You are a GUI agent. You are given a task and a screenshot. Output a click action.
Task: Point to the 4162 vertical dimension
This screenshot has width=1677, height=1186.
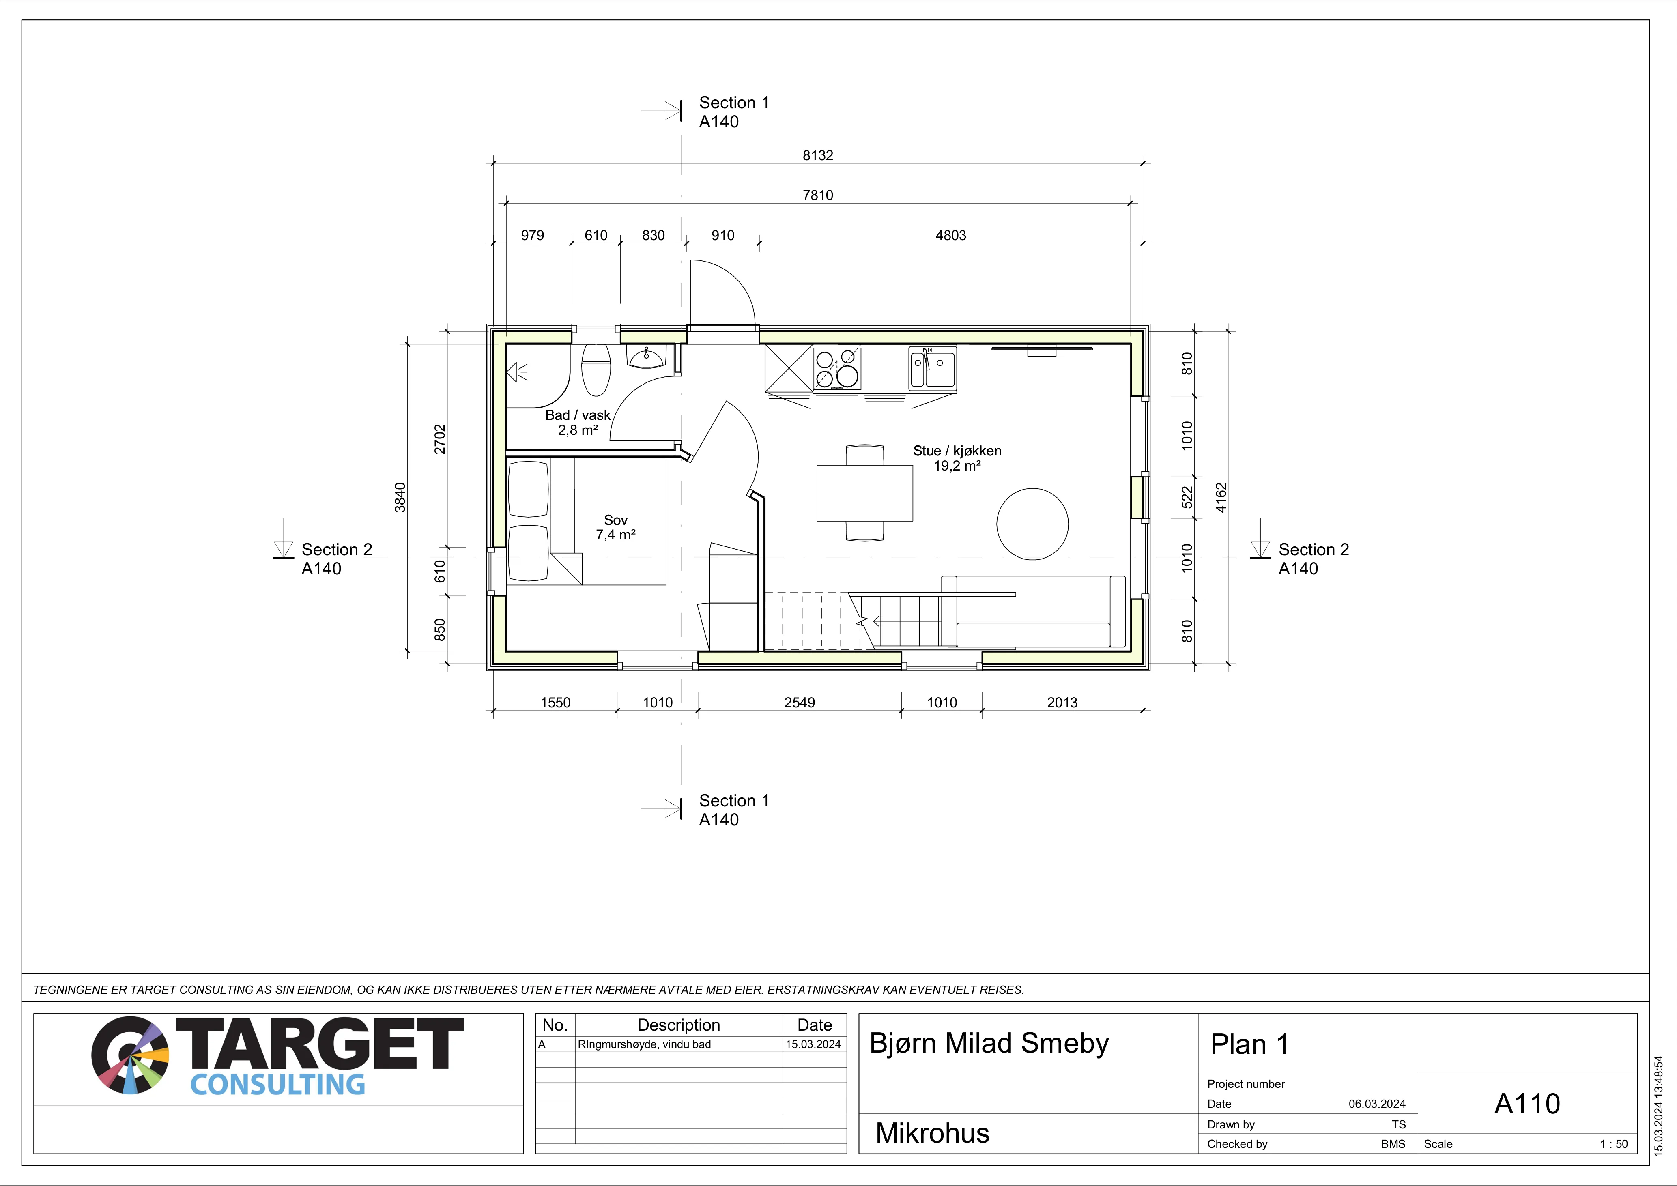tap(1221, 497)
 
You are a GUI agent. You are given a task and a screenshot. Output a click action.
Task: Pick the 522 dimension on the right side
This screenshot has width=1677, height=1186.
tap(1187, 497)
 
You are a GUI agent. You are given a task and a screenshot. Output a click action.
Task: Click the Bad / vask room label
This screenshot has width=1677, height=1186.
tap(578, 415)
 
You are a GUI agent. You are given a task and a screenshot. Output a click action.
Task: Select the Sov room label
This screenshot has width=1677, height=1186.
tap(616, 520)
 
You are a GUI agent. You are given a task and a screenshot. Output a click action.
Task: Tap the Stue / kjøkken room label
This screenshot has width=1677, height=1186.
tap(957, 451)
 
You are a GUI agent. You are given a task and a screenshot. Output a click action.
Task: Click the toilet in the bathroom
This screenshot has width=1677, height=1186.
tap(596, 370)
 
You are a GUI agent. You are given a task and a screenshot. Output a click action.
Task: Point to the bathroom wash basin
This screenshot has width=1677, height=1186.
tap(646, 357)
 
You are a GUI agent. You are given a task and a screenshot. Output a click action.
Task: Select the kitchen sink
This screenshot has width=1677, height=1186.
tap(932, 367)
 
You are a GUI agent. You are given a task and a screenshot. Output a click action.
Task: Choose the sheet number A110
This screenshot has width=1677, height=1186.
tap(1526, 1104)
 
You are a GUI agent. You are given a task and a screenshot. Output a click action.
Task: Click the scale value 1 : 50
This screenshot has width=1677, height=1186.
tap(1613, 1144)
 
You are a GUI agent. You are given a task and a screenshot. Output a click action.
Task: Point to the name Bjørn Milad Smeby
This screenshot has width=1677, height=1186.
tap(989, 1044)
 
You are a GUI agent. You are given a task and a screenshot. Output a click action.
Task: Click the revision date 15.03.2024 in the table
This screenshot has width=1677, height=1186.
tap(813, 1044)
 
